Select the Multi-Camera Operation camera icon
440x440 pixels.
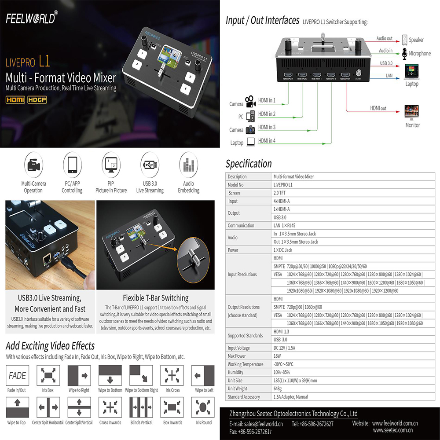coord(33,165)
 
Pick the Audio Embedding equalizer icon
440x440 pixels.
coord(188,165)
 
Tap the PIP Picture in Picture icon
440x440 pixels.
coord(111,165)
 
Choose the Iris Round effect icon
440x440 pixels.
coord(204,408)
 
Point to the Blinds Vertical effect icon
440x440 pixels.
coord(141,408)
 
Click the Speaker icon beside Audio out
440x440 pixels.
coord(405,40)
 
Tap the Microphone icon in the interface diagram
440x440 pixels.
coord(405,53)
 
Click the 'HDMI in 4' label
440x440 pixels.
coord(267,141)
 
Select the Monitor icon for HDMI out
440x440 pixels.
coord(412,112)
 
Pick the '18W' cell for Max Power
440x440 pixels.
coord(278,356)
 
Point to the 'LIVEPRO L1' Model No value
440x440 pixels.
coord(283,185)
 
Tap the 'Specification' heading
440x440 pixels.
coord(249,164)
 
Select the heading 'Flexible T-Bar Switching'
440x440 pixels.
coord(156,298)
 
